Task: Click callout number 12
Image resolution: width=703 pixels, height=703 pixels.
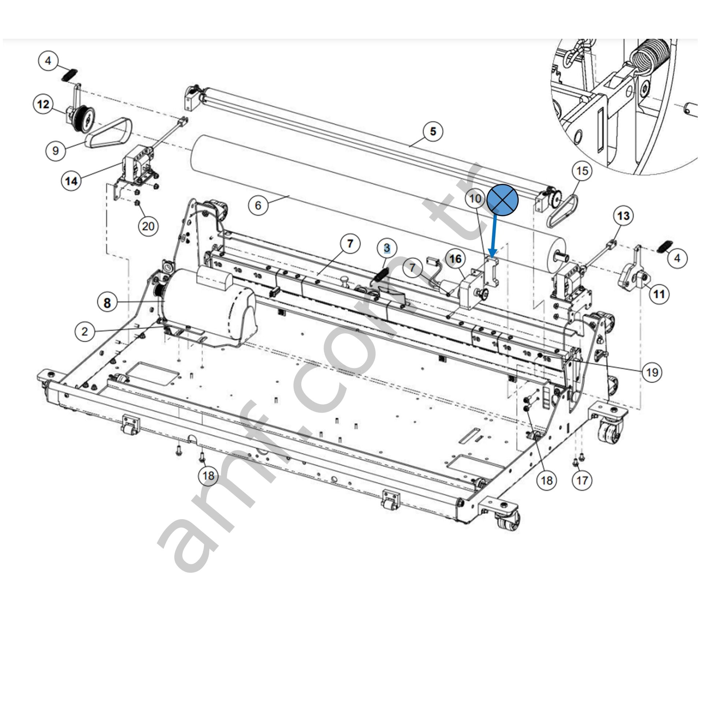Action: pos(43,104)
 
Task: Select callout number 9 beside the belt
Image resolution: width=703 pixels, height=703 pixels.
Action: pos(56,150)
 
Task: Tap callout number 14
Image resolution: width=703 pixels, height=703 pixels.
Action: pos(71,180)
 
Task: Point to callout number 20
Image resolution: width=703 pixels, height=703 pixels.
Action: pos(148,226)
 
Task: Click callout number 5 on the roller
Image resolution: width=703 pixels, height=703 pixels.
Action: pos(433,131)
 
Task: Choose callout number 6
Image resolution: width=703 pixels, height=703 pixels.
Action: pos(258,205)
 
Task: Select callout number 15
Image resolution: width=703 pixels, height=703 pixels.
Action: pos(582,171)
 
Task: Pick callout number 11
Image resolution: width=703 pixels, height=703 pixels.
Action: pos(659,293)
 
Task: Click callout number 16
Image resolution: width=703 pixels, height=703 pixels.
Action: pos(455,259)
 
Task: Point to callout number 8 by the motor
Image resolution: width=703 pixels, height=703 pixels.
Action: pos(107,303)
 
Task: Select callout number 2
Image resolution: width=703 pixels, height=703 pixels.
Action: pos(85,332)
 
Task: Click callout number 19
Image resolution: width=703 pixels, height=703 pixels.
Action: pos(652,372)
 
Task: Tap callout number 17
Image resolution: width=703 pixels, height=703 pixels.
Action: pos(582,480)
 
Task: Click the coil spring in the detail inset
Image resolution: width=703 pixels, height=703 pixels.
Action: pos(650,59)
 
